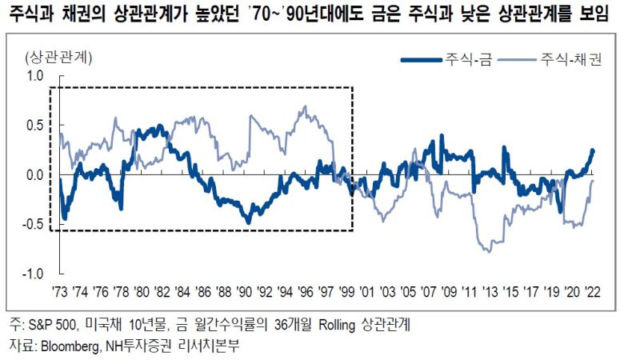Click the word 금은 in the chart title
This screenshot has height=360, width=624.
coord(373,14)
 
